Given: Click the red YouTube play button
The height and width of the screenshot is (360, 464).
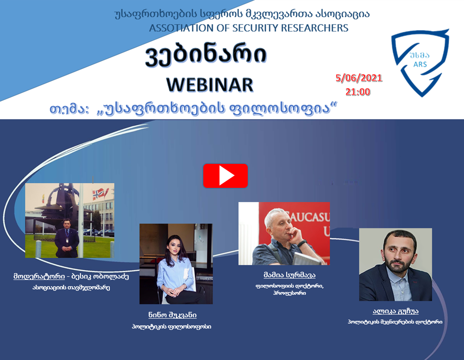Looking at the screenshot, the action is [226, 176].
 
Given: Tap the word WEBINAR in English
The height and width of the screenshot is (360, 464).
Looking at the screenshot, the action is [210, 85].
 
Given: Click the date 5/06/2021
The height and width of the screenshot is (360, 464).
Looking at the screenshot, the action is [359, 78].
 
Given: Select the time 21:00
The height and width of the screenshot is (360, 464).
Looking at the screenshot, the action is [358, 92].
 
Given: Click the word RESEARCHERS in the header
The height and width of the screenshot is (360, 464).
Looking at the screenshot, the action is [314, 28].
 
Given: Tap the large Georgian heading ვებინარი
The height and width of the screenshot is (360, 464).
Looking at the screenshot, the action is [206, 56].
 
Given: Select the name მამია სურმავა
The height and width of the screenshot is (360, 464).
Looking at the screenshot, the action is [289, 275].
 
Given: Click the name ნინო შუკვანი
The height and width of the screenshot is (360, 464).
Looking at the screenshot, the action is [173, 315].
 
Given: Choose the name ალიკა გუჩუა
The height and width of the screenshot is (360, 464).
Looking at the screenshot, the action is [395, 311].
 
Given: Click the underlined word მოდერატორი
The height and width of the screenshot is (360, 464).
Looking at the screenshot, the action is [39, 276].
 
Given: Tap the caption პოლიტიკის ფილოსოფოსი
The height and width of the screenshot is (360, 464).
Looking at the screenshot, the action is [172, 327].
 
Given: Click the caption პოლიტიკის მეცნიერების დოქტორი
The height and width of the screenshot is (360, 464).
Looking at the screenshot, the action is [395, 322].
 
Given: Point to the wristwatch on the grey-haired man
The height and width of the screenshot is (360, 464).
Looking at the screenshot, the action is [302, 243].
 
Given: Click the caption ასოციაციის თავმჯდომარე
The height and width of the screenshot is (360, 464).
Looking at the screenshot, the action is [71, 287].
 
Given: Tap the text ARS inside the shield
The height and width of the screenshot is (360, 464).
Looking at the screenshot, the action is [420, 64].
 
